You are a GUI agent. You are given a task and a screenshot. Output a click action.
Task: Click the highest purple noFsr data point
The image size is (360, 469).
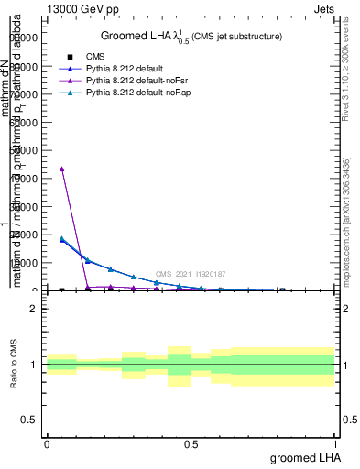tap(61, 169)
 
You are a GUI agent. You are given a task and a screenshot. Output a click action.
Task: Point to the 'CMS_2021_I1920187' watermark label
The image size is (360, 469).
tap(190, 274)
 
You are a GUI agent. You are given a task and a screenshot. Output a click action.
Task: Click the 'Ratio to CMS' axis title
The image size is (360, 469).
tap(15, 365)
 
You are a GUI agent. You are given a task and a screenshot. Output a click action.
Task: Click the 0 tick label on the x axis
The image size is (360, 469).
tap(47, 444)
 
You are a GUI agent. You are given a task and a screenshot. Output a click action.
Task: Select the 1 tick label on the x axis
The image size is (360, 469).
tap(335, 444)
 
